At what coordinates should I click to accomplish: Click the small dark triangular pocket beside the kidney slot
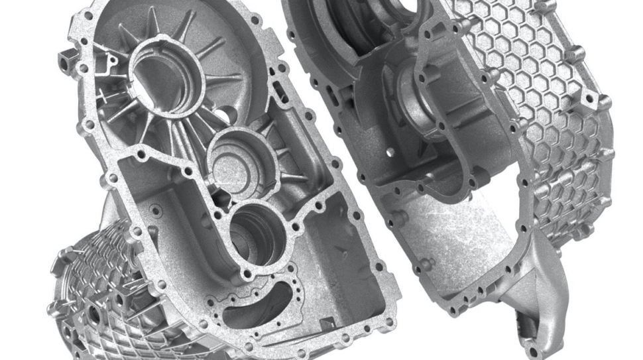click(x=325, y=322)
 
